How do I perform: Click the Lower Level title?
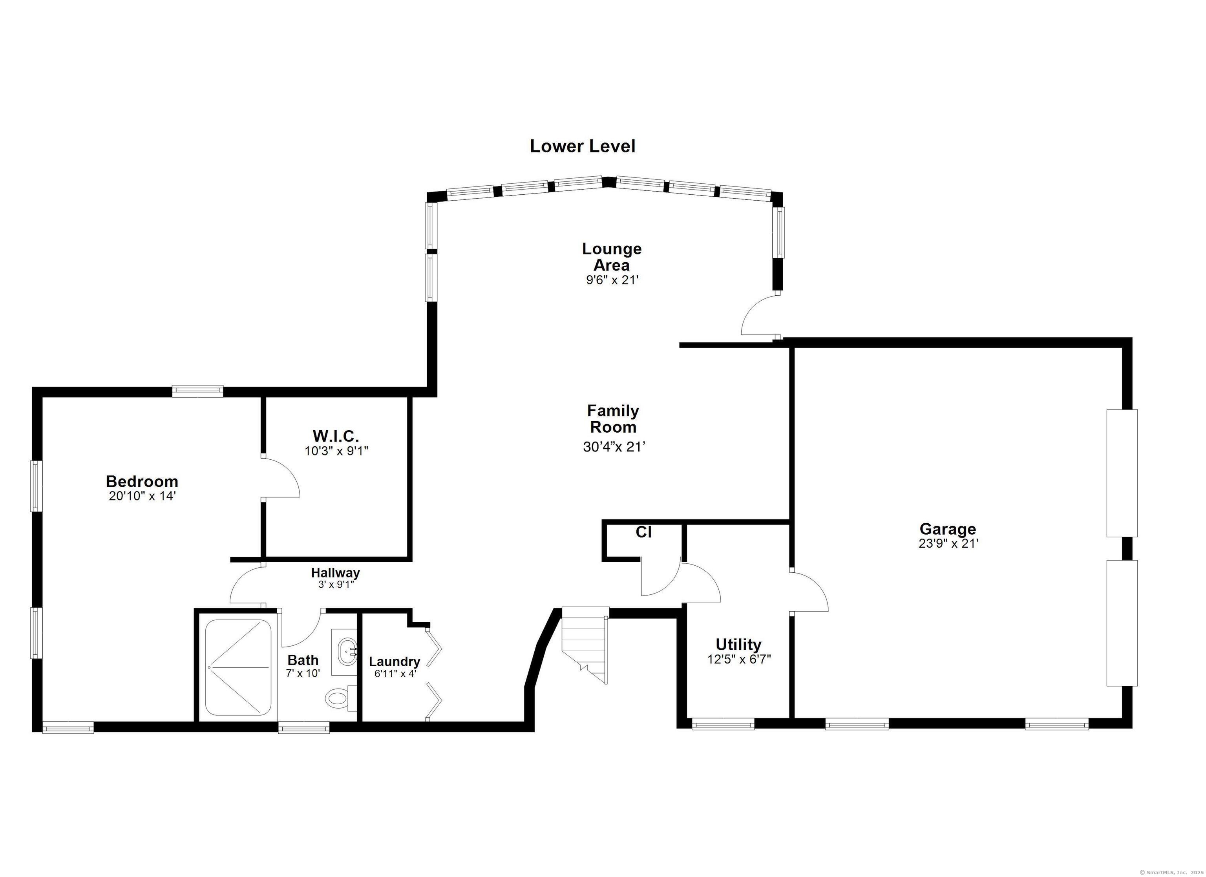tap(582, 146)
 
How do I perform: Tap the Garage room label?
tap(948, 529)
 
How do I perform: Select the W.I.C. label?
tap(336, 436)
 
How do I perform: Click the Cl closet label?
tap(643, 532)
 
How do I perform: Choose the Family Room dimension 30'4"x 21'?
tap(614, 447)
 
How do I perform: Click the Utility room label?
tap(738, 645)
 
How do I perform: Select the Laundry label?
tap(395, 661)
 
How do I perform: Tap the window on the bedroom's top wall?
tap(197, 391)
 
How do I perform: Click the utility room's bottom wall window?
tap(723, 724)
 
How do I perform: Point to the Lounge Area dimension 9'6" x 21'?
tap(612, 280)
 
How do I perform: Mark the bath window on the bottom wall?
tap(303, 727)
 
